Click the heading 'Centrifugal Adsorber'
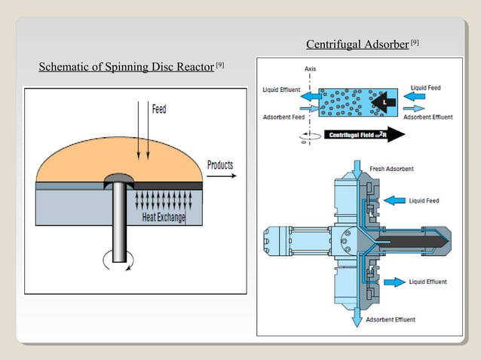[357, 45]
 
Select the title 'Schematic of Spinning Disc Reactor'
[127, 69]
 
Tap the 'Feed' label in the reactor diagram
[159, 110]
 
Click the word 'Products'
[220, 165]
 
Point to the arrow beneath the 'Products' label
[220, 178]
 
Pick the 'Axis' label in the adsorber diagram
[310, 69]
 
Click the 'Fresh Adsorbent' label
[390, 168]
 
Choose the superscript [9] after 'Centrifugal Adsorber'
[414, 44]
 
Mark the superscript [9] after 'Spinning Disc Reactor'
[219, 66]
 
